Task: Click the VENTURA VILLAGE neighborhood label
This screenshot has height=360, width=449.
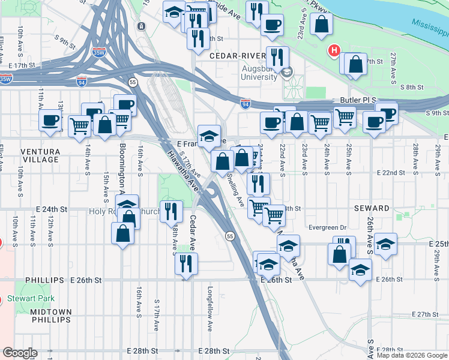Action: pos(40,155)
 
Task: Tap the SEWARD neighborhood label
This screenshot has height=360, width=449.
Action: pos(372,208)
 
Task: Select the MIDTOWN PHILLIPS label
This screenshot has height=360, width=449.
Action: pos(48,316)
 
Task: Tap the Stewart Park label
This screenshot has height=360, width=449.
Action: pos(31,298)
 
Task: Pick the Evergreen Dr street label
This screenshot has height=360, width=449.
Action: pos(327,227)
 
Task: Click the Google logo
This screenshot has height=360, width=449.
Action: pos(20,352)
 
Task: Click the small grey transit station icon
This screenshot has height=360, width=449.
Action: pos(140,26)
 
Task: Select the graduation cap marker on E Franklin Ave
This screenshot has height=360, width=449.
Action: pos(209,136)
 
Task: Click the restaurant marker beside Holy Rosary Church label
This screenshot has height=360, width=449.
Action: pos(172,211)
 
